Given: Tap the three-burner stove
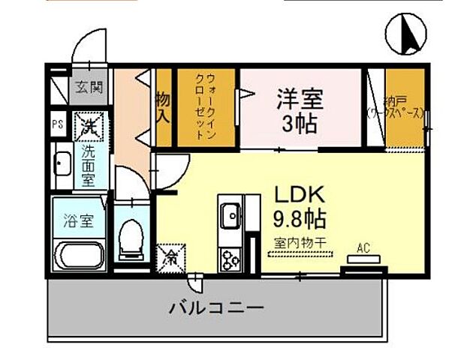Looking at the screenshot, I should click(229, 259).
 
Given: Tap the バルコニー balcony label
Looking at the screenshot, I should click(215, 307).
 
